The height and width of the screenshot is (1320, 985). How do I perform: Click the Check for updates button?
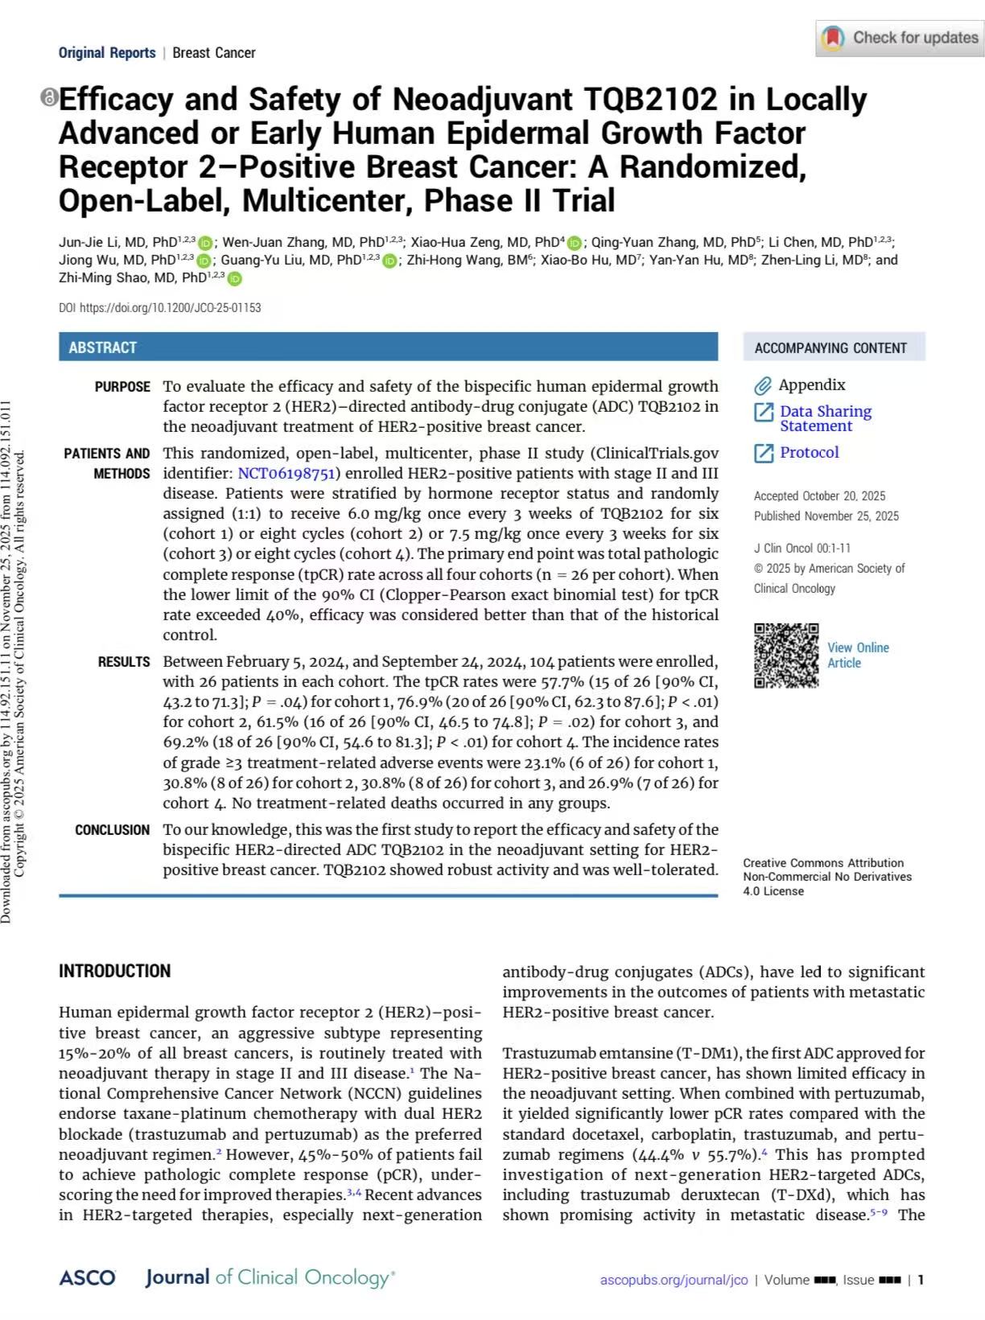tap(899, 38)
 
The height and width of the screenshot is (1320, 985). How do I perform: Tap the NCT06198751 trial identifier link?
tap(286, 474)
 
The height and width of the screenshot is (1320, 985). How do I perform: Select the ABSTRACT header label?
tap(102, 347)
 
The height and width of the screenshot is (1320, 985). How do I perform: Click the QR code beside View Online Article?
tap(785, 656)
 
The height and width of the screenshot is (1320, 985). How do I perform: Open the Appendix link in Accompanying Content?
tap(811, 385)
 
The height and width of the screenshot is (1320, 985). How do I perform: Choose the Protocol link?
tap(809, 453)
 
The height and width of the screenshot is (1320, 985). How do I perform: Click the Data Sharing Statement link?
tap(825, 418)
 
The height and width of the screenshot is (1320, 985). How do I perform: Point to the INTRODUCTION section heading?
tap(114, 971)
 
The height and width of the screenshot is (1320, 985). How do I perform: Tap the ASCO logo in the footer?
tap(87, 1278)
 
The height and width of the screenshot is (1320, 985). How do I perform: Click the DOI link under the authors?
tap(170, 307)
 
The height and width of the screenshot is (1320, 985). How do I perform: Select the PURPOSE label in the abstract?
tap(122, 387)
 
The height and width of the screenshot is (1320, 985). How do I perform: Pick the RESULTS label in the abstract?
tap(124, 662)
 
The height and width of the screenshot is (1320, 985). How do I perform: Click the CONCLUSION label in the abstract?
tap(112, 830)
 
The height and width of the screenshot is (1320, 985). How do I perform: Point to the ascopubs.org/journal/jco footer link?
tap(674, 1280)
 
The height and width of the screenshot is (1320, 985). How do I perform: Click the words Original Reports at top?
tap(107, 53)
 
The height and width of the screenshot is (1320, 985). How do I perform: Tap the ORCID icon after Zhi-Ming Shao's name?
tap(234, 278)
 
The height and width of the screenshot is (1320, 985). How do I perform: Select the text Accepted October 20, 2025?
tap(819, 496)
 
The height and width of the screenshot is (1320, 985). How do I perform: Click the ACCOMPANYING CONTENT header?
tap(830, 348)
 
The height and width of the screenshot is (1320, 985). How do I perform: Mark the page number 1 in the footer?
tap(921, 1280)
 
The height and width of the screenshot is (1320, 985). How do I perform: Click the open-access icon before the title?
tap(49, 98)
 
